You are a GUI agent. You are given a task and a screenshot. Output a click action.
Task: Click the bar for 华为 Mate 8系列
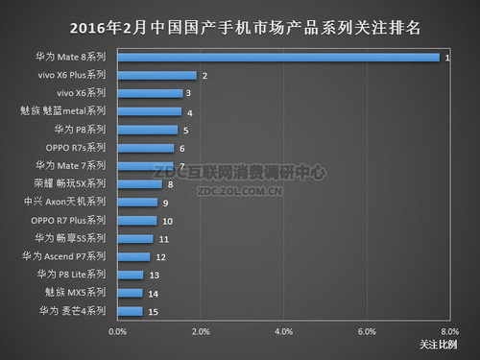pos(278,58)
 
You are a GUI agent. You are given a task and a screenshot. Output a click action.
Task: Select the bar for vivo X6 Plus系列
pos(156,75)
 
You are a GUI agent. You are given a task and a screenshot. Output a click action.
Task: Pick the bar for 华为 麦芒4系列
pos(131,311)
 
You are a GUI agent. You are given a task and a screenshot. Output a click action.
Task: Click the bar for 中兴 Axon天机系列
pos(137,203)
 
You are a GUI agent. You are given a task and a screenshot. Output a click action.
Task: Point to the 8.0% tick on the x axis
pos(448,331)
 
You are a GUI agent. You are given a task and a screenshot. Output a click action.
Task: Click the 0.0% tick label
pos(118,331)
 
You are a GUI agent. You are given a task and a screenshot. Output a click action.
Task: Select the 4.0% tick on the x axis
pos(283,331)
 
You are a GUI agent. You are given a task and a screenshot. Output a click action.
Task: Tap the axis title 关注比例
pos(439,345)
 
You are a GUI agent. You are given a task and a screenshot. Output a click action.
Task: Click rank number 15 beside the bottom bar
pos(153,311)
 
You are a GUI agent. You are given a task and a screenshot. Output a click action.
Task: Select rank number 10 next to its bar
pos(167,221)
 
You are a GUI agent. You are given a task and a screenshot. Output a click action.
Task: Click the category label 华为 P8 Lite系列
pos(78,275)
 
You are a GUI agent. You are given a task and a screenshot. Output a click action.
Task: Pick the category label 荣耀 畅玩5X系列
pos(77,184)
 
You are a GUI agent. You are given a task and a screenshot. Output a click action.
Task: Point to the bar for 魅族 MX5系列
pos(131,293)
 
